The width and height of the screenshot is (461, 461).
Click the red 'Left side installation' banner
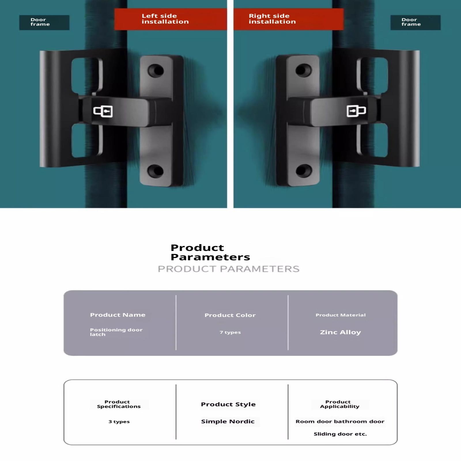(x=171, y=19)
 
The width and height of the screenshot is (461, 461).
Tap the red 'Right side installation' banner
(x=288, y=19)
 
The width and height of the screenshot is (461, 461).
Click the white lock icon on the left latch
(x=103, y=111)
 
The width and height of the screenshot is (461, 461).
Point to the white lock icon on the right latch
(x=356, y=111)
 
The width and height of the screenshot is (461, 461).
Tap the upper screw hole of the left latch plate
(x=156, y=71)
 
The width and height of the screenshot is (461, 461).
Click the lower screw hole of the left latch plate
(x=156, y=171)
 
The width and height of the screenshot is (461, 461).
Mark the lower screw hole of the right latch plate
(x=304, y=171)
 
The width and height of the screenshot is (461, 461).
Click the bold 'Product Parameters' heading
(x=210, y=252)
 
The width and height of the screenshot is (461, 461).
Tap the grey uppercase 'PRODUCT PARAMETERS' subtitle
(x=229, y=269)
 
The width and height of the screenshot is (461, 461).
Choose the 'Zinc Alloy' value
(x=340, y=332)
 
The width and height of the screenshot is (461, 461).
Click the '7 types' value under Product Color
(x=230, y=332)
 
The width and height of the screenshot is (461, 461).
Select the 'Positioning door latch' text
(x=116, y=332)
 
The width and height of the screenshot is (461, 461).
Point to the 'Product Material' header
(x=341, y=315)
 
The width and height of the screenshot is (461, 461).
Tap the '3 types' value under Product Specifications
(x=119, y=422)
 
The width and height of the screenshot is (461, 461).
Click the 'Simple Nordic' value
(x=228, y=422)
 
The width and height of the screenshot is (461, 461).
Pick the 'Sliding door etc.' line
(x=340, y=434)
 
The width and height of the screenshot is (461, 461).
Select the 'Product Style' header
(x=228, y=404)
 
